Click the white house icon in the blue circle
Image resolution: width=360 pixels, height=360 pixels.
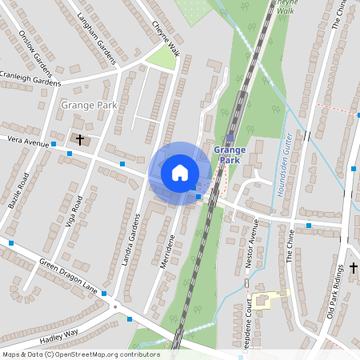click(x=180, y=172)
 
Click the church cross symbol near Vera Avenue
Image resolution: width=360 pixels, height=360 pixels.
click(x=79, y=139)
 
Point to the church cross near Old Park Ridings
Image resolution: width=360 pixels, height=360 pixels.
click(x=354, y=267)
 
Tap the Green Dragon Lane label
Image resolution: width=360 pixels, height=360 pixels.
click(x=67, y=276)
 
